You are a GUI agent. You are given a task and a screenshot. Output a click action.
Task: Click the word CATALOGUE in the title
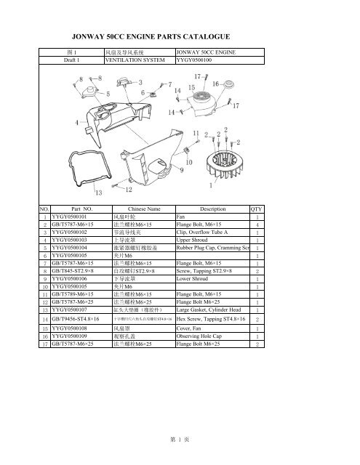pos(206,36)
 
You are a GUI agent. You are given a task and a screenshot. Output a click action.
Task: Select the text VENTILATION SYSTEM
pos(136,62)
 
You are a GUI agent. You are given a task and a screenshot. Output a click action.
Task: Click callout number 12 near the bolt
pos(129,190)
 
